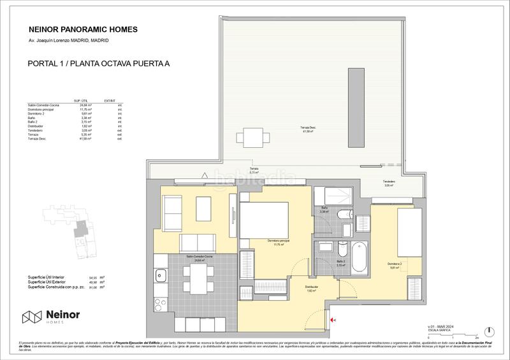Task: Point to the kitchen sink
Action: [x=159, y=277]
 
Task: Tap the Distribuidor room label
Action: [x=311, y=287]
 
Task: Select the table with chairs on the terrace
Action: [x=247, y=138]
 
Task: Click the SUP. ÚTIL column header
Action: [x=81, y=101]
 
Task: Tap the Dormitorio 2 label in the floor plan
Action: [x=393, y=264]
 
